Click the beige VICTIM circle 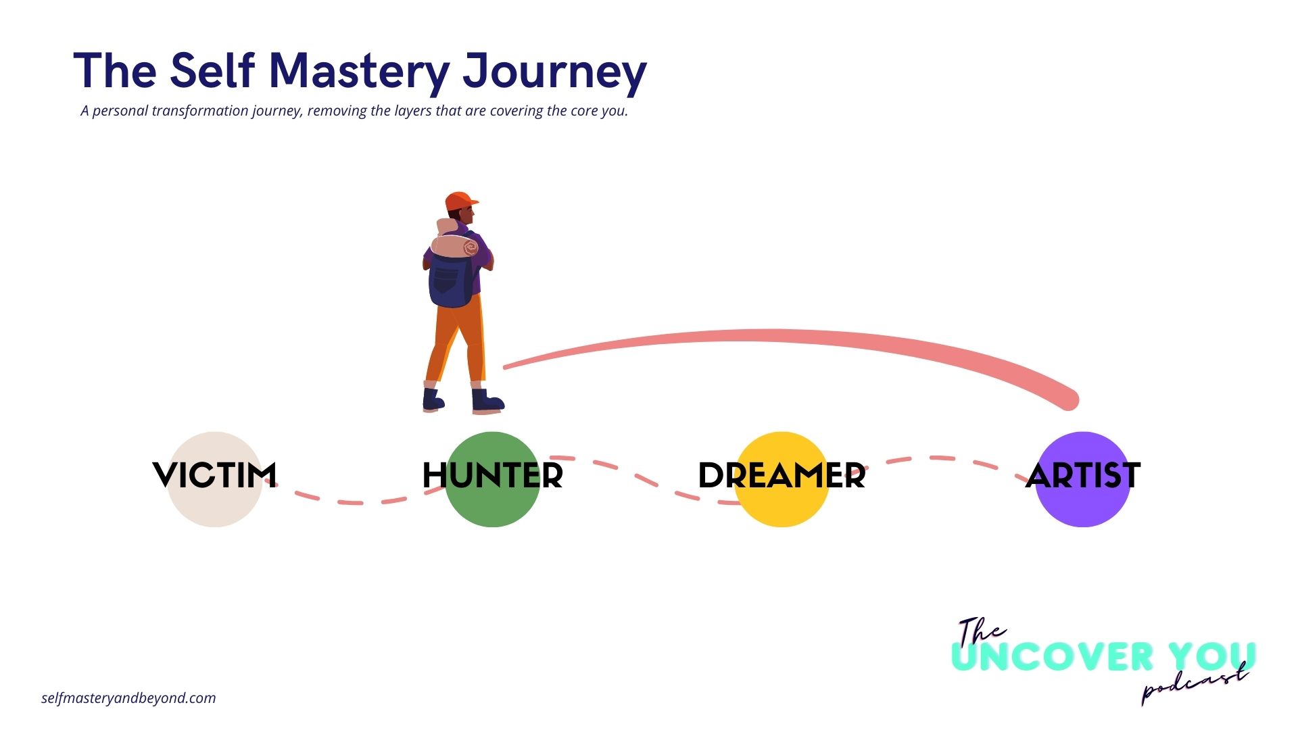214,504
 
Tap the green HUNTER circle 492,507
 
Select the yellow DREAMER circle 781,507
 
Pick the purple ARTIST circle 1082,507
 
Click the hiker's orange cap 460,201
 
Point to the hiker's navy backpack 450,281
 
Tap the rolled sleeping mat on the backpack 454,246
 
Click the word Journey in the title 554,72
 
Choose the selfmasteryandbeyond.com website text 128,698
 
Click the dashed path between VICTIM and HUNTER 352,502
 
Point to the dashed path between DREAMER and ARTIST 946,459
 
